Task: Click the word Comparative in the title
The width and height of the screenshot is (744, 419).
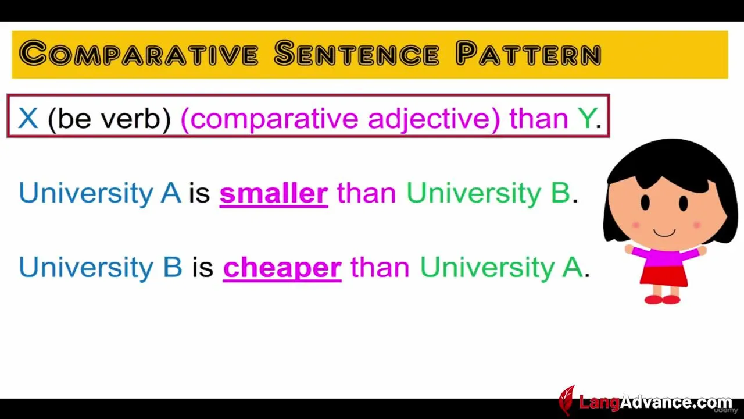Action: pos(138,53)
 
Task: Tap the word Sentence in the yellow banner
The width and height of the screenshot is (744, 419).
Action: pos(357,53)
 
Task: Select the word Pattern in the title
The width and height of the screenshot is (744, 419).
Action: pos(528,53)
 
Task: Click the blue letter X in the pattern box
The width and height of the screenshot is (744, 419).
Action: pos(28,118)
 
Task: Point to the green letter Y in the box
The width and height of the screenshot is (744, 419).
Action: pos(586,118)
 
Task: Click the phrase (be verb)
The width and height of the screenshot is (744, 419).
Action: pos(109,119)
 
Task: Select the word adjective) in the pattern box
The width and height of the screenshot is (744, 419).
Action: pos(434,119)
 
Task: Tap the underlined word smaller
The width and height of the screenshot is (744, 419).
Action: pos(274,194)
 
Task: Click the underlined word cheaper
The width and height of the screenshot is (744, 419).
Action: pos(282,268)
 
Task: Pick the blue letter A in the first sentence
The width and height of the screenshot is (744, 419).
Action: pos(171,193)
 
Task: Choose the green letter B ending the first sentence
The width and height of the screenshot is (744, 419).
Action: pos(561,193)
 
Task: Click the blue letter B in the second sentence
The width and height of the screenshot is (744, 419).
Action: pos(173,267)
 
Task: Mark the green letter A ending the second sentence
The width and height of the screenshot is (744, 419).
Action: pos(573,267)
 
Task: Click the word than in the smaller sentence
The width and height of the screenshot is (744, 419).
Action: pos(367,193)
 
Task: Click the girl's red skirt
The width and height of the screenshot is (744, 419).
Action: pos(663,276)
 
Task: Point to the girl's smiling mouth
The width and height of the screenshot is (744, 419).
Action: pos(664,232)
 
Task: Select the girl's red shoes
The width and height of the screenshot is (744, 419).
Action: pos(662,300)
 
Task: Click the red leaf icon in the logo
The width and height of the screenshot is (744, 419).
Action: pos(567,400)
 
